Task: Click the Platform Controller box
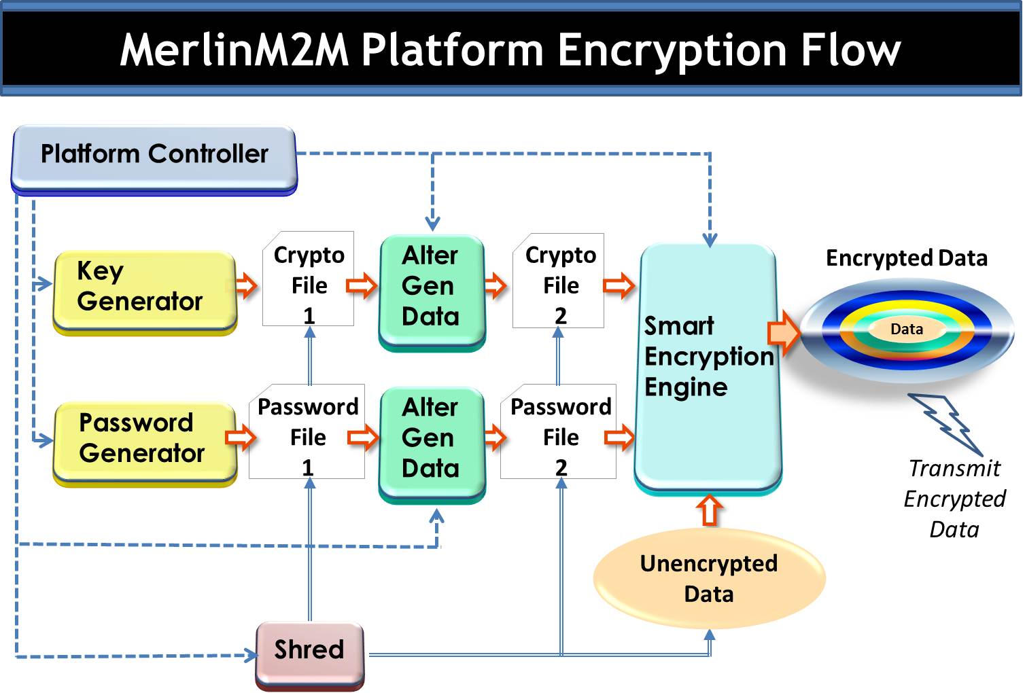[154, 156]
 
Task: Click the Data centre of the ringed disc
[907, 330]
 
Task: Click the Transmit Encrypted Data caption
[954, 499]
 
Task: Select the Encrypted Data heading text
[906, 258]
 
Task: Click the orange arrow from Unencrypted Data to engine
[710, 510]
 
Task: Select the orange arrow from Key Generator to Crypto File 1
[247, 285]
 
